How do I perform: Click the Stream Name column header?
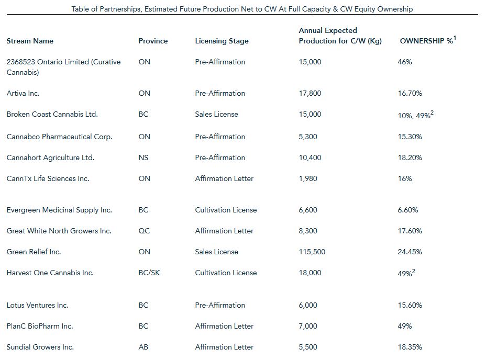(x=30, y=41)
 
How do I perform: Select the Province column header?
(x=153, y=41)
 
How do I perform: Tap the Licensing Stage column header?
(x=222, y=41)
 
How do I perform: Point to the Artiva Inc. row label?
(x=23, y=93)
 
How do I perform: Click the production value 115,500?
(x=312, y=252)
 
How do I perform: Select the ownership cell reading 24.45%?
(x=410, y=252)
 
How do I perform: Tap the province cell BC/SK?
(x=149, y=273)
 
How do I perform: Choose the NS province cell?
(x=143, y=157)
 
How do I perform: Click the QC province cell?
(x=144, y=231)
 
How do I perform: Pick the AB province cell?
(x=143, y=347)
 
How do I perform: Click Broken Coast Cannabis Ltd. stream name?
(x=52, y=114)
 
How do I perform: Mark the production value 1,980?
(x=308, y=178)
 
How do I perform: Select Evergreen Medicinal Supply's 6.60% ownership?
(x=407, y=210)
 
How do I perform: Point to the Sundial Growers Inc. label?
(x=40, y=347)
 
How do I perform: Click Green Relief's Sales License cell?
(x=216, y=252)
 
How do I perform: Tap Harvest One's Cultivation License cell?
(x=226, y=273)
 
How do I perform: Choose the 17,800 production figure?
(x=310, y=93)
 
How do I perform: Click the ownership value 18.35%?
(x=410, y=347)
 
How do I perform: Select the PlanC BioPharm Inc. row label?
(x=40, y=326)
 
